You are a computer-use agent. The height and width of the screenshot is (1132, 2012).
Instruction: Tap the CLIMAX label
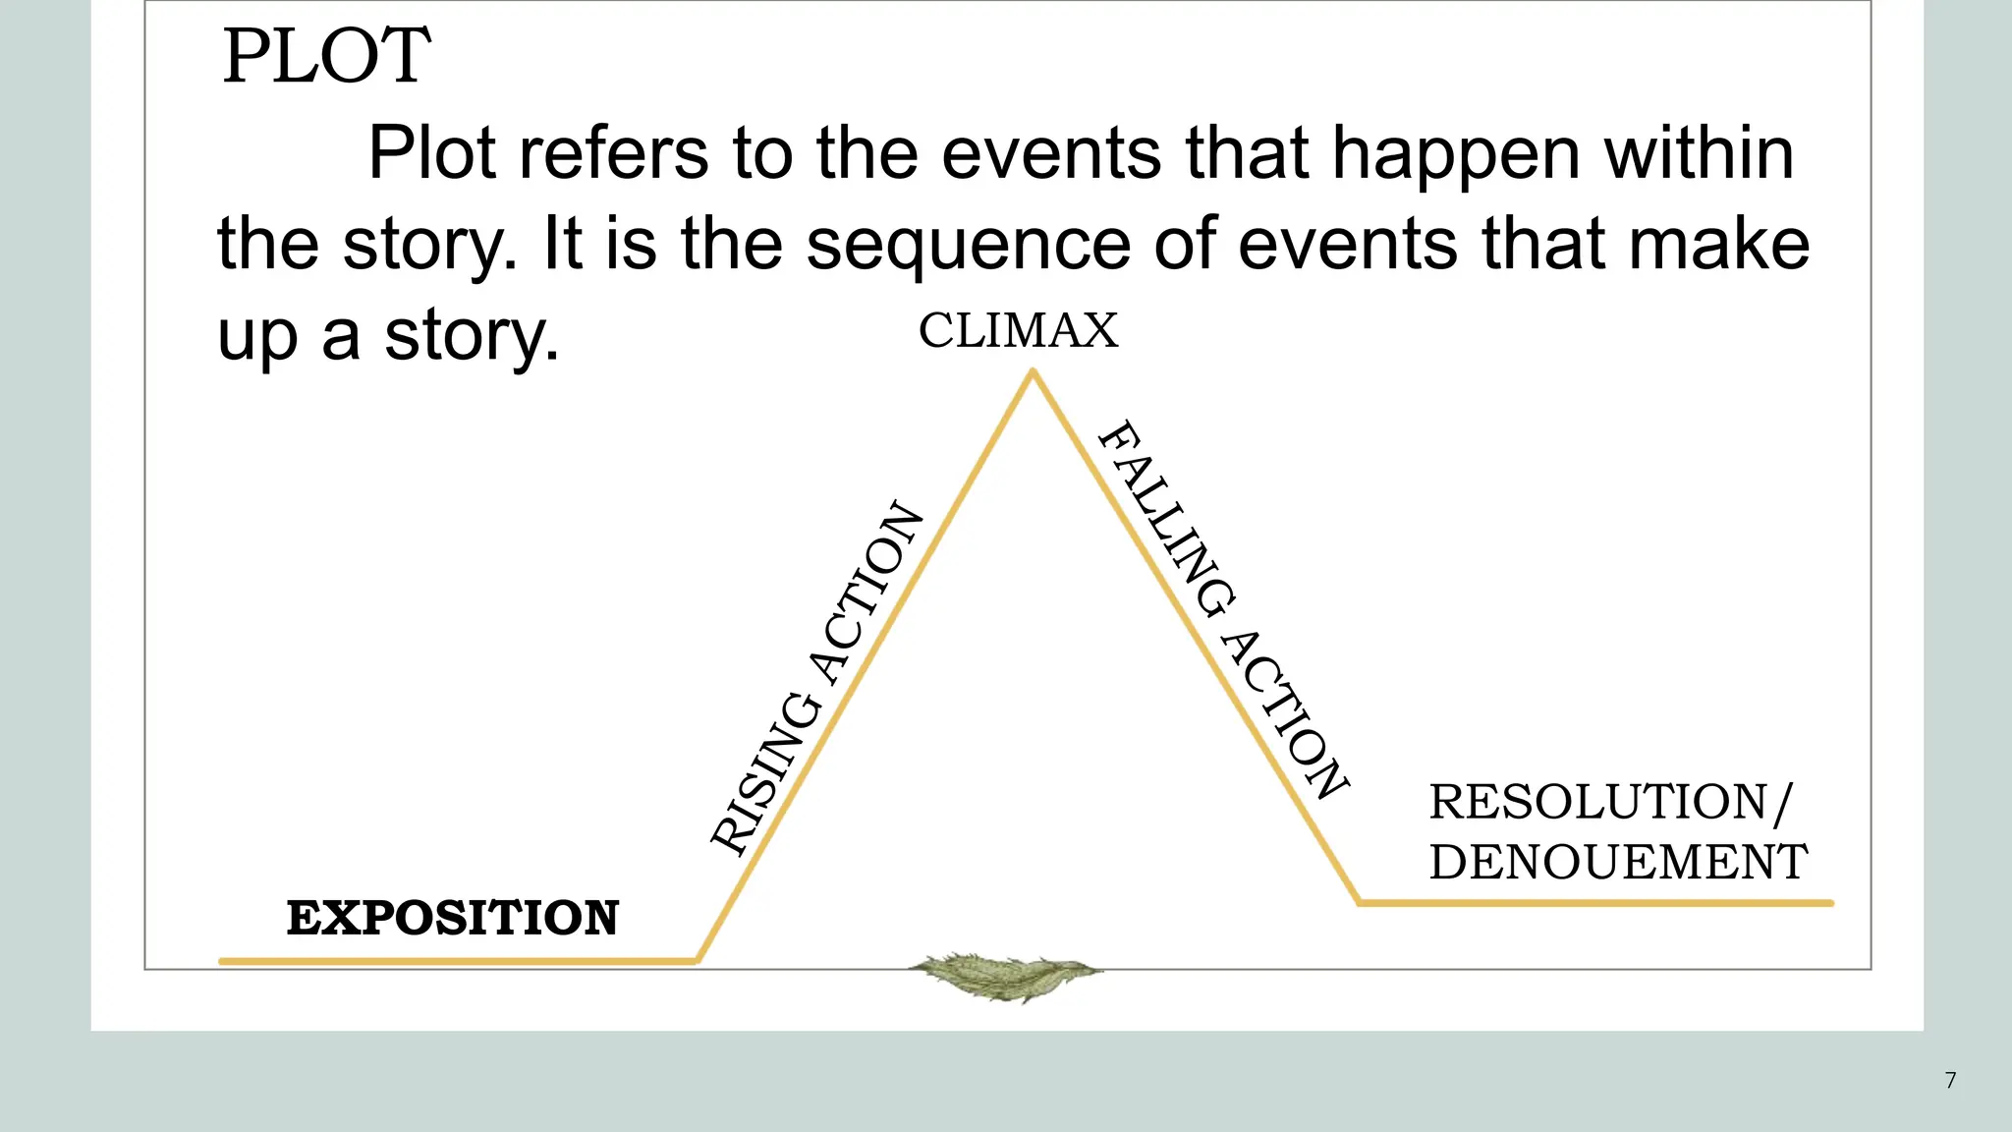coord(1018,330)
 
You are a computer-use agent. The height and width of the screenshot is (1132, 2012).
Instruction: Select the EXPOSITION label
coord(452,918)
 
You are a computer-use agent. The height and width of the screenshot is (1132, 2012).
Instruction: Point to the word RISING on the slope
coord(765,773)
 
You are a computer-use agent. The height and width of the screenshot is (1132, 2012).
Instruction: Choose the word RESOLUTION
coord(1598,802)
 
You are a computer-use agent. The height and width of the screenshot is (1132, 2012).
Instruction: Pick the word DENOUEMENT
coord(1617,862)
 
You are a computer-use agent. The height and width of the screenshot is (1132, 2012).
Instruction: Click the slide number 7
coord(1950,1080)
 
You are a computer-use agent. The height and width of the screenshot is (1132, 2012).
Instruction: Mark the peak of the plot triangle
coord(1033,372)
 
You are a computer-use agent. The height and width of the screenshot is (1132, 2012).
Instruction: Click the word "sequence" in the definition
coord(968,245)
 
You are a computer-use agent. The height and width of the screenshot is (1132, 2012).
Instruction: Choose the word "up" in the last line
coord(256,337)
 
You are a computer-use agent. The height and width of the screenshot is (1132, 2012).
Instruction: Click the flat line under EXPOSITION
coord(457,960)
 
